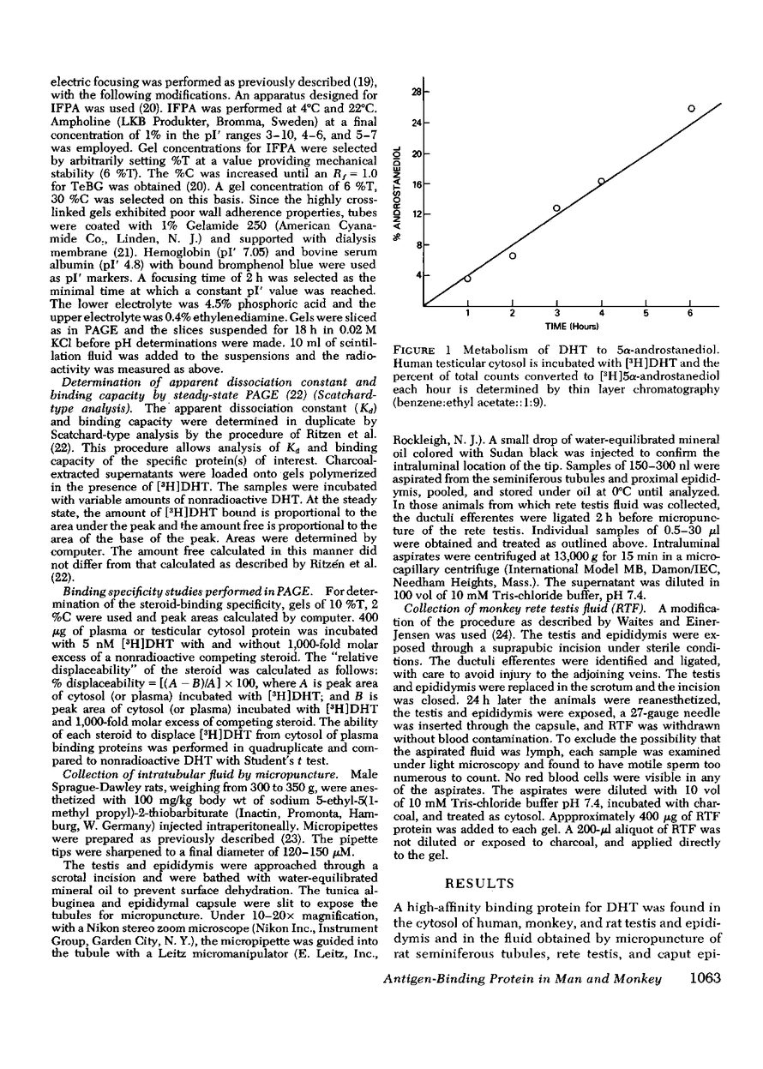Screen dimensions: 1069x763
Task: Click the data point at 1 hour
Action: pyautogui.click(x=467, y=279)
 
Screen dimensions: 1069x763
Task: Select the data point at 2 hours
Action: pyautogui.click(x=513, y=256)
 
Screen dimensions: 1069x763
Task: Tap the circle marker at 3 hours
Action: pyautogui.click(x=556, y=208)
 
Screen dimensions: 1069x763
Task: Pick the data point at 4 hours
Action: pyautogui.click(x=601, y=181)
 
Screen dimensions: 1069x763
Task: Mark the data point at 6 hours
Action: pyautogui.click(x=691, y=108)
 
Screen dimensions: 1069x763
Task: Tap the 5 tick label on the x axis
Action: pyautogui.click(x=646, y=314)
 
